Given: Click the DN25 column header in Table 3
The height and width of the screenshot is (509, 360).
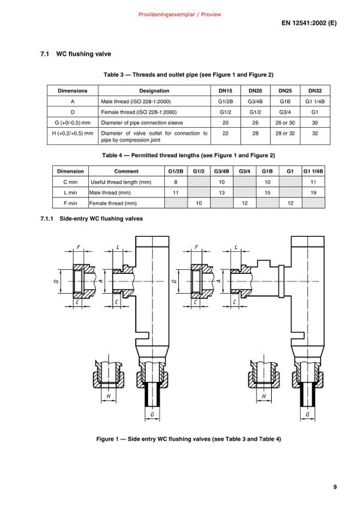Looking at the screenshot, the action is tap(285, 91).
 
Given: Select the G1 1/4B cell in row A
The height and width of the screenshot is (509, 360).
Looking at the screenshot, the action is tap(315, 101).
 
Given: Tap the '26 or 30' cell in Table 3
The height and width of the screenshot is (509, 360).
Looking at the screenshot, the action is tap(285, 123).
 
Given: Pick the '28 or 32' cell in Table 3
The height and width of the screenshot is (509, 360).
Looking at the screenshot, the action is tap(285, 133).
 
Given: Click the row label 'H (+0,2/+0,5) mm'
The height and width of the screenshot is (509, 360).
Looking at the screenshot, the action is tap(73, 133).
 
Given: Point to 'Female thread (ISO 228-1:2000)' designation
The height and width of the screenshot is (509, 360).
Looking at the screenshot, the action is tap(139, 112).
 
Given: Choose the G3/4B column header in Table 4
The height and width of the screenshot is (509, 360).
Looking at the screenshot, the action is tap(221, 171).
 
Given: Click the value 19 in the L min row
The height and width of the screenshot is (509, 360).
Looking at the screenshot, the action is tap(313, 192).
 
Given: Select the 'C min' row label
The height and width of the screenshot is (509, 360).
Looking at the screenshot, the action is tap(71, 182).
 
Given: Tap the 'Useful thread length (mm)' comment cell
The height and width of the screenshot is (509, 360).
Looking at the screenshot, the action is tap(121, 182).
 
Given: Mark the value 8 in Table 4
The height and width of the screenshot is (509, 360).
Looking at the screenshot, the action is tap(176, 182).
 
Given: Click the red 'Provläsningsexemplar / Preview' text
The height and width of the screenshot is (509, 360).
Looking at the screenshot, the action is tap(179, 14).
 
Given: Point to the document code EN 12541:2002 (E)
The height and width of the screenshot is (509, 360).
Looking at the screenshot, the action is tap(309, 23).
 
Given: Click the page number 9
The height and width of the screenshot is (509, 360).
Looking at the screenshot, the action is tap(335, 487).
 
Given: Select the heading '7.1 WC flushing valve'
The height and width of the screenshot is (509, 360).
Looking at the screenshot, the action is tap(76, 54).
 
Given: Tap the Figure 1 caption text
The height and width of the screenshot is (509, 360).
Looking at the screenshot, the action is tap(188, 439).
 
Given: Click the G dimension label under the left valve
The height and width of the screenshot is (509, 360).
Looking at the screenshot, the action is tap(152, 414).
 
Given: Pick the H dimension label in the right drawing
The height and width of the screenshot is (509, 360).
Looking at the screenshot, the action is tap(264, 396).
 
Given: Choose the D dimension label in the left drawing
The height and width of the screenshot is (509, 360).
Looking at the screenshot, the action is tap(56, 281).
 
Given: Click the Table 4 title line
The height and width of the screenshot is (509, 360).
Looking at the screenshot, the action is tap(188, 155).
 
